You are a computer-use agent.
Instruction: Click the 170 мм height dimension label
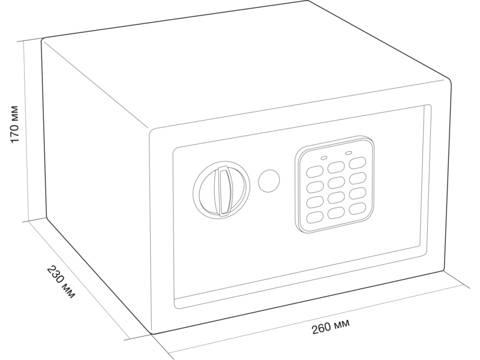(14, 124)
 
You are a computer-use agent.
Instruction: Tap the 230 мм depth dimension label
(61, 281)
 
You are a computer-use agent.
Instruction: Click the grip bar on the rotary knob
(222, 191)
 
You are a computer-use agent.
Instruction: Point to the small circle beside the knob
(269, 181)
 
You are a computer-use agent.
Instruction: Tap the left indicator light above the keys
(324, 158)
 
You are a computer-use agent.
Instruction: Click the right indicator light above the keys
(349, 152)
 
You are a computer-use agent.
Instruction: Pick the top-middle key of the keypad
(336, 167)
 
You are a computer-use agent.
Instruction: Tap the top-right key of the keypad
(358, 163)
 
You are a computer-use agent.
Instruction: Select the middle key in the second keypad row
(336, 183)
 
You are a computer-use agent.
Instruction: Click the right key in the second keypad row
(358, 178)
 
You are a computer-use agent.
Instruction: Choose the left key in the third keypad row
(314, 202)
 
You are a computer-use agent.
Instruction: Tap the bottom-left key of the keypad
(314, 217)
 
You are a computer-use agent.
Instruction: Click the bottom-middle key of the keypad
(336, 213)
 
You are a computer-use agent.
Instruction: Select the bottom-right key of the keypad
(358, 209)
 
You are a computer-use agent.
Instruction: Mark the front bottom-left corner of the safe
(152, 334)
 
